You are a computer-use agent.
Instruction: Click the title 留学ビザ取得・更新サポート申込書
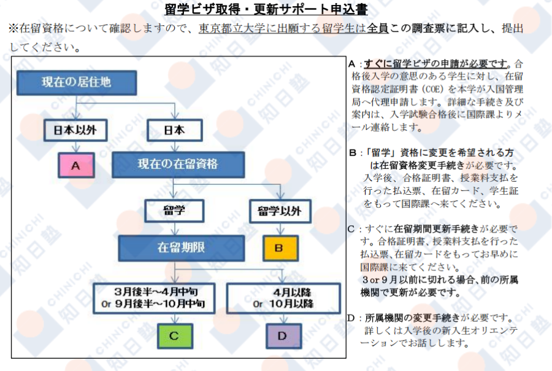pyautogui.click(x=275, y=9)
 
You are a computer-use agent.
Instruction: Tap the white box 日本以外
pyautogui.click(x=75, y=130)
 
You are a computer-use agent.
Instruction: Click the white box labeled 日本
pyautogui.click(x=175, y=130)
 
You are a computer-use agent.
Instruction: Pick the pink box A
pyautogui.click(x=75, y=166)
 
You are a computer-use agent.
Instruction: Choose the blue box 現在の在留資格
pyautogui.click(x=177, y=165)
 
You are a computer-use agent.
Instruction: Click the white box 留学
pyautogui.click(x=175, y=211)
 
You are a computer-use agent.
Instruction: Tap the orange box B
pyautogui.click(x=279, y=248)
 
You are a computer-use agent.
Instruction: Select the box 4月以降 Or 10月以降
pyautogui.click(x=283, y=298)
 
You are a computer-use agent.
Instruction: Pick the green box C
pyautogui.click(x=174, y=336)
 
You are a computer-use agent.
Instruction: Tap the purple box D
pyautogui.click(x=283, y=336)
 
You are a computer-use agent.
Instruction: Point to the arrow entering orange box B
pyautogui.click(x=279, y=230)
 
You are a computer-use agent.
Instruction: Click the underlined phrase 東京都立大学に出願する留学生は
pyautogui.click(x=282, y=29)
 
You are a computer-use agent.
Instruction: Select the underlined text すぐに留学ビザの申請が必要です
pyautogui.click(x=436, y=63)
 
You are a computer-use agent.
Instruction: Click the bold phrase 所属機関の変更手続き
pyautogui.click(x=412, y=318)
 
